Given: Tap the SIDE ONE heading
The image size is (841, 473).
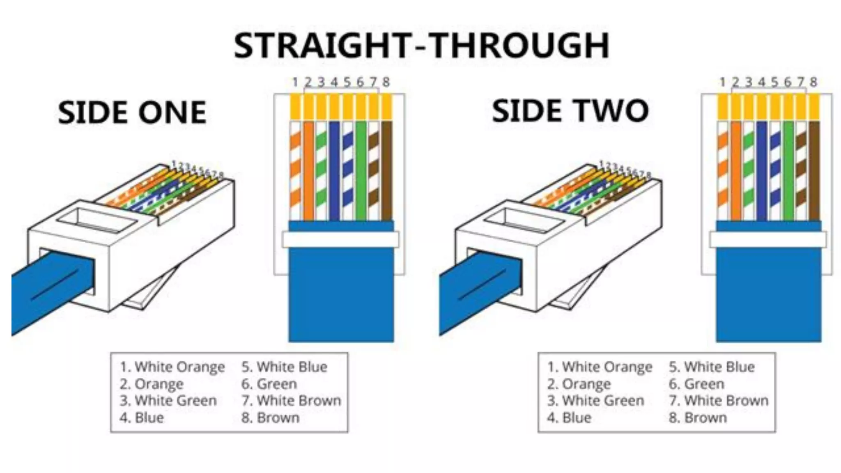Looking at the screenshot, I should pos(132,113).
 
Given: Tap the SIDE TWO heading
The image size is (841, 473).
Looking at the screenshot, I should pos(570,111).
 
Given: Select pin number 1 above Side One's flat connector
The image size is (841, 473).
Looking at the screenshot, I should pos(295,83).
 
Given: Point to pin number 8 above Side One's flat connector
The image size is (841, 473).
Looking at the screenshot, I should pos(386,83).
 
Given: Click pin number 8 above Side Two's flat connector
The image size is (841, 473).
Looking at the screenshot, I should pos(813,83).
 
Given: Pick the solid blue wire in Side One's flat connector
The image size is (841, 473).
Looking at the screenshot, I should pos(334,170).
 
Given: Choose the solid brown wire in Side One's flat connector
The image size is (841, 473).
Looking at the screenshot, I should pos(386,170).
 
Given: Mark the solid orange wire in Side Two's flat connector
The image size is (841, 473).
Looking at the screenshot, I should pos(736,170).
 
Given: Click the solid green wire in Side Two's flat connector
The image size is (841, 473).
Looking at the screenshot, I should pos(788,170).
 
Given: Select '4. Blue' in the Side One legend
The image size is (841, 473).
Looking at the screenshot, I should pos(142,418).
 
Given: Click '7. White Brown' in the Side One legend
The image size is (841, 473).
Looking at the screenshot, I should pos(291,400).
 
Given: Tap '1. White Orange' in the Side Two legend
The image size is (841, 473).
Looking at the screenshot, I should pos(600,367).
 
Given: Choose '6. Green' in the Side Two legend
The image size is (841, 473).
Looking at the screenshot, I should pos(696,384).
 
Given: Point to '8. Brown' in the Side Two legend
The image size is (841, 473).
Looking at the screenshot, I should pos(698,418).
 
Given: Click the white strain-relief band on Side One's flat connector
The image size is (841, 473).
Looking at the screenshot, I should pos(340,239).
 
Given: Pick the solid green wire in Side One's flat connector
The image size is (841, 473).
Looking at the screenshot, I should pos(361,170).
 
